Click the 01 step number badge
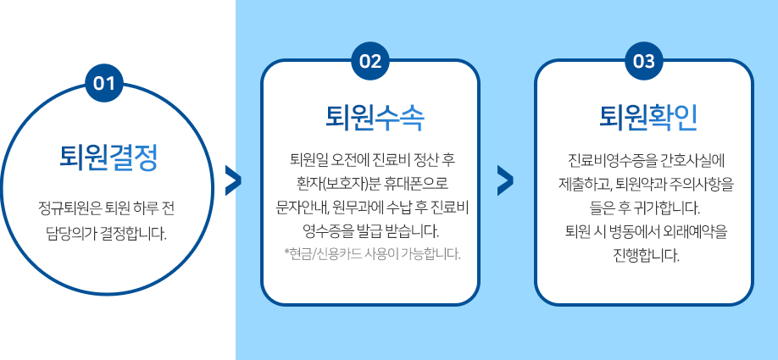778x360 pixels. [x=104, y=83]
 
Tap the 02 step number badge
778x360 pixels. [x=370, y=62]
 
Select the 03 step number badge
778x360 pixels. [x=643, y=62]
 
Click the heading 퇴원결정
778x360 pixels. [x=108, y=158]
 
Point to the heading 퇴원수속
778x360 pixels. [x=375, y=118]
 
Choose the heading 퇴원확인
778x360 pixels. [x=648, y=118]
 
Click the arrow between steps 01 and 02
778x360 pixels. [x=233, y=180]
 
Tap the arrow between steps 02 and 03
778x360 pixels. [x=505, y=180]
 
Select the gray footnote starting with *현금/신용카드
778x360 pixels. [x=373, y=254]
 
